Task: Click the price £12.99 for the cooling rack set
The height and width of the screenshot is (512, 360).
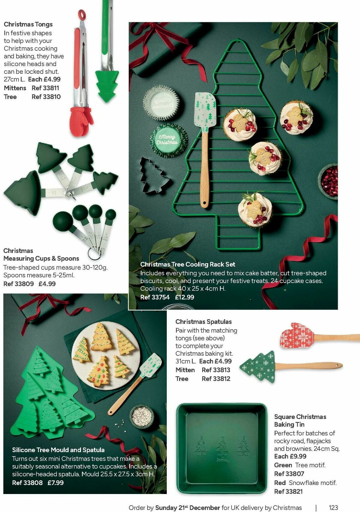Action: pos(184,297)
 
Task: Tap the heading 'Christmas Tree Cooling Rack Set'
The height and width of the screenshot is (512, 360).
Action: pos(187,264)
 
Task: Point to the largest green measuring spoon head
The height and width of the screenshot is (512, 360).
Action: pos(63,221)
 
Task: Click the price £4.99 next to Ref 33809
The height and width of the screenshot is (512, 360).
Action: pos(47,284)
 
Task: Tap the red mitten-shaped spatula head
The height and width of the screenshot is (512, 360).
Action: pos(297,336)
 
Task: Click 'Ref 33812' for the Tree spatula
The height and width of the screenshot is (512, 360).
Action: pos(216,379)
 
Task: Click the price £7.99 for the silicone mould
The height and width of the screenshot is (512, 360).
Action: pos(55,483)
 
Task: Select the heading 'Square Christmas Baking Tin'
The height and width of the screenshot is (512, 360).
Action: pos(300,420)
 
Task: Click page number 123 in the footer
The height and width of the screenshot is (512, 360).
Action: pos(333,507)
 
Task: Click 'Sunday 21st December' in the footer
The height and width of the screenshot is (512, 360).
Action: pos(187,507)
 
